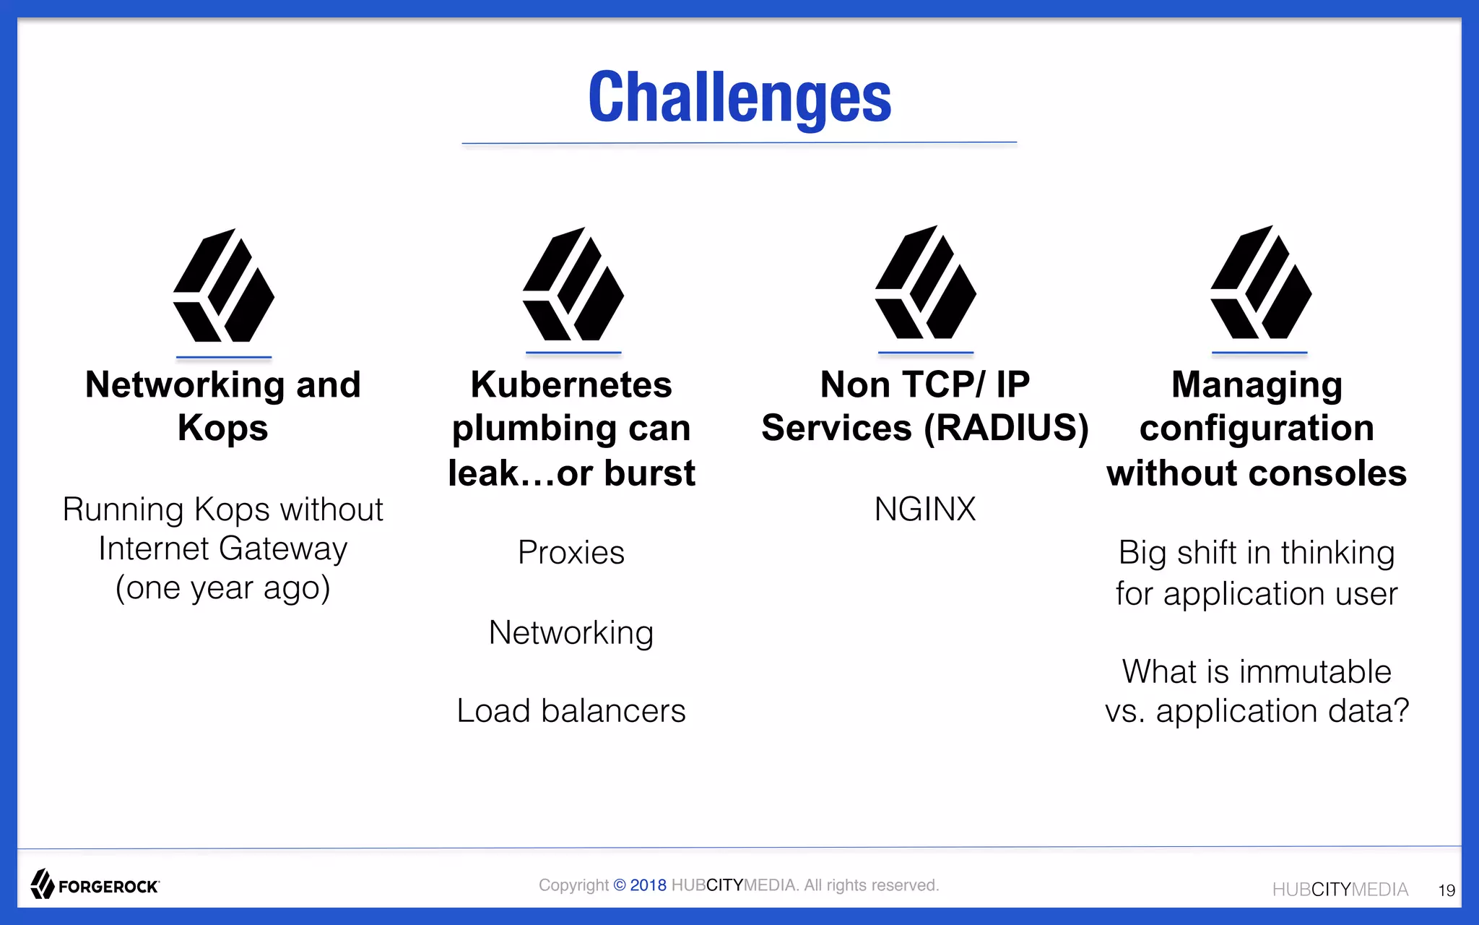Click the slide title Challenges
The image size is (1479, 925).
tap(739, 98)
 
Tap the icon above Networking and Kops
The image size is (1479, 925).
tap(223, 286)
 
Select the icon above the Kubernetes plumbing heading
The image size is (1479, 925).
tap(573, 285)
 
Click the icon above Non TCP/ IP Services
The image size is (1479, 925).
tap(925, 283)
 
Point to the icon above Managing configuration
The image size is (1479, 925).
tap(1260, 283)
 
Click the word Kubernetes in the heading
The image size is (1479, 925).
tap(571, 384)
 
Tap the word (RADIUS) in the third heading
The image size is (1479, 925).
tap(1006, 428)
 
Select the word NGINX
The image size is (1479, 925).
tap(924, 509)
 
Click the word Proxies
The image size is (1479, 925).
tap(571, 553)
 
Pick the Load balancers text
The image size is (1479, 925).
tap(571, 711)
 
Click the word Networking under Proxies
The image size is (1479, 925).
tap(571, 633)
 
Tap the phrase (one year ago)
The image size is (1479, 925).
tap(223, 588)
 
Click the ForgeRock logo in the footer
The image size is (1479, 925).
tap(95, 885)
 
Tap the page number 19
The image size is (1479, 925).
tap(1446, 890)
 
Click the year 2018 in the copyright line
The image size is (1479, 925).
tap(648, 885)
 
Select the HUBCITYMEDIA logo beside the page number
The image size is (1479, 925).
tap(1340, 890)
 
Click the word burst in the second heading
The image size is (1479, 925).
tap(649, 474)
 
